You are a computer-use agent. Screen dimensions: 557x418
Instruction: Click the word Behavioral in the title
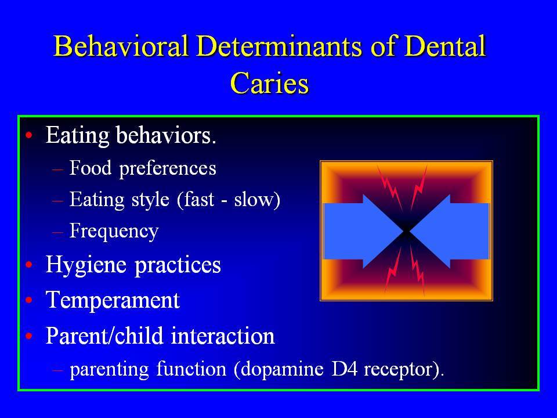pyautogui.click(x=121, y=46)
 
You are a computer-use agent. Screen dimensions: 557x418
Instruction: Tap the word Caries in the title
pyautogui.click(x=270, y=83)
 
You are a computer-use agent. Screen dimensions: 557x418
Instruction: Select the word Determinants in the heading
pyautogui.click(x=279, y=46)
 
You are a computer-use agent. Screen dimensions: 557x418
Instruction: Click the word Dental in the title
pyautogui.click(x=445, y=46)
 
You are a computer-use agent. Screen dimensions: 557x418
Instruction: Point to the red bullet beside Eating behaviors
pyautogui.click(x=29, y=135)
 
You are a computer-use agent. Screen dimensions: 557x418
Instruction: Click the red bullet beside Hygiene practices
pyautogui.click(x=29, y=265)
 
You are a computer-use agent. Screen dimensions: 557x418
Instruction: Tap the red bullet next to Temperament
pyautogui.click(x=29, y=300)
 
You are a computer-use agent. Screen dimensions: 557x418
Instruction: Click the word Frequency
pyautogui.click(x=114, y=232)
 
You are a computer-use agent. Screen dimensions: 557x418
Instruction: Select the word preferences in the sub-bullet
pyautogui.click(x=168, y=169)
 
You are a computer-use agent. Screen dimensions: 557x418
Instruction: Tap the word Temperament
pyautogui.click(x=113, y=300)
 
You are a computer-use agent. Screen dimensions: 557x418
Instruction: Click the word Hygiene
pyautogui.click(x=86, y=266)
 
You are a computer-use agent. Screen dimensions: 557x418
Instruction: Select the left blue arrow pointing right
pyautogui.click(x=364, y=231)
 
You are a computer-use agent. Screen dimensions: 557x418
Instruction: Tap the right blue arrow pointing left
pyautogui.click(x=448, y=231)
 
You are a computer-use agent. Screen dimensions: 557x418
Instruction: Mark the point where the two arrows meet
pyautogui.click(x=406, y=232)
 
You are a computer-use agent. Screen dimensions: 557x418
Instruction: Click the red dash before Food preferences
pyautogui.click(x=57, y=170)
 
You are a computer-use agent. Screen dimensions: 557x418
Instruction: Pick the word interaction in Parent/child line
pyautogui.click(x=223, y=336)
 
